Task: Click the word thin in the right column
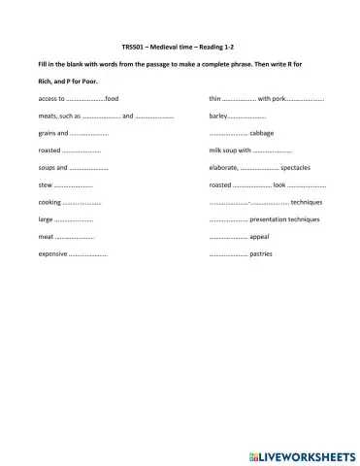214,99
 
